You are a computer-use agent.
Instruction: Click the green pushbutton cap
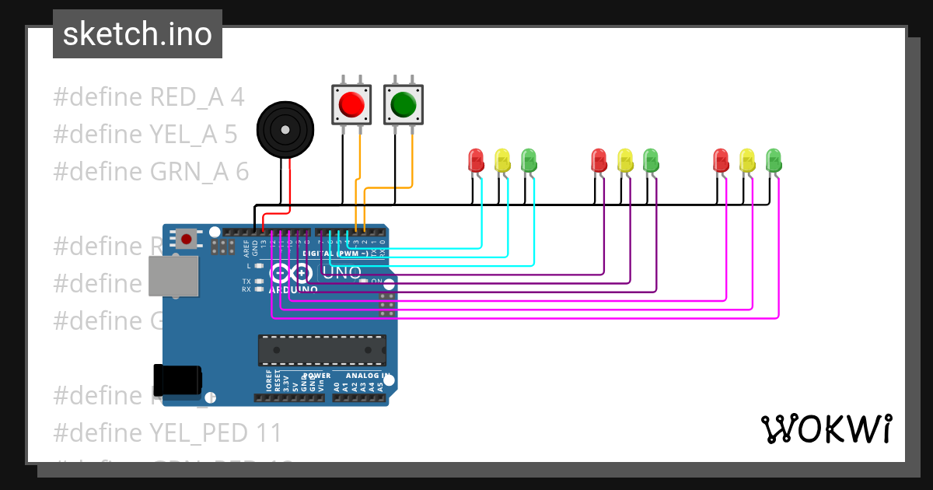[404, 103]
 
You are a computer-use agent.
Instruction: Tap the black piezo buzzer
[286, 129]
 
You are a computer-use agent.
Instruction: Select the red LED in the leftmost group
[476, 160]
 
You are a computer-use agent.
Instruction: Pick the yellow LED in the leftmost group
[502, 160]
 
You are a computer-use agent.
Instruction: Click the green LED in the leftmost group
[529, 160]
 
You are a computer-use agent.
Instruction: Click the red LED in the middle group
[599, 160]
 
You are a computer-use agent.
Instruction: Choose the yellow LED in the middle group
[625, 160]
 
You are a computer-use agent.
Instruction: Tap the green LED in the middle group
[652, 160]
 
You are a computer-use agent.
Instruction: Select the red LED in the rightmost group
[721, 160]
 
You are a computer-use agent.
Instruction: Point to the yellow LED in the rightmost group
[747, 160]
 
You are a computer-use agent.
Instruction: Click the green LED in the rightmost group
[774, 160]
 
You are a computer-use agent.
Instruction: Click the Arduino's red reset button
[187, 238]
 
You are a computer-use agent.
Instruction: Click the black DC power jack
[178, 380]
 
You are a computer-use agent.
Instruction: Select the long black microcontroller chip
[322, 350]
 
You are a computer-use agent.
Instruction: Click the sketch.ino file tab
[138, 34]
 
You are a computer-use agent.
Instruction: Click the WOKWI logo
[826, 429]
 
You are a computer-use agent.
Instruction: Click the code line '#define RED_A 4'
[149, 97]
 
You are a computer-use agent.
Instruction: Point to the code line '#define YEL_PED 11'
[167, 432]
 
